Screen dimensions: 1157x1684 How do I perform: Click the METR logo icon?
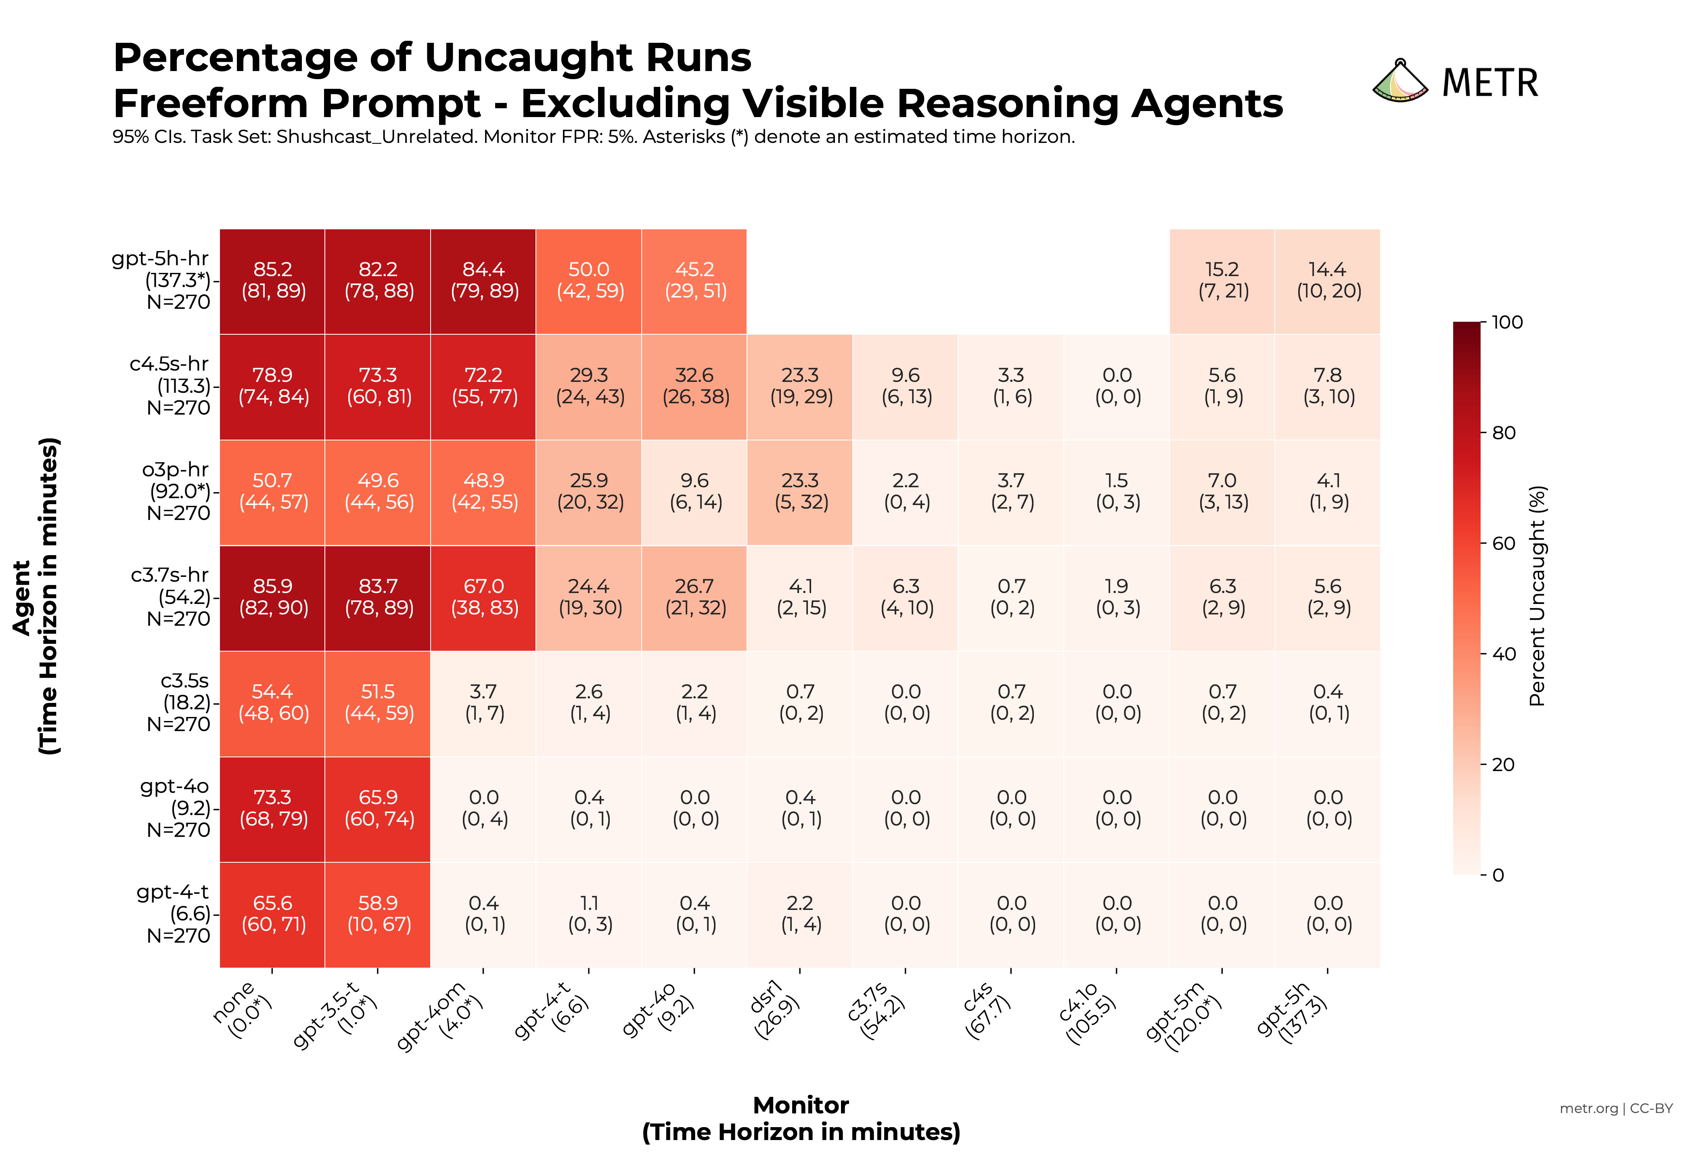[1399, 81]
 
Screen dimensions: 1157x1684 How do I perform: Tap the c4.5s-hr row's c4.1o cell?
[1117, 386]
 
